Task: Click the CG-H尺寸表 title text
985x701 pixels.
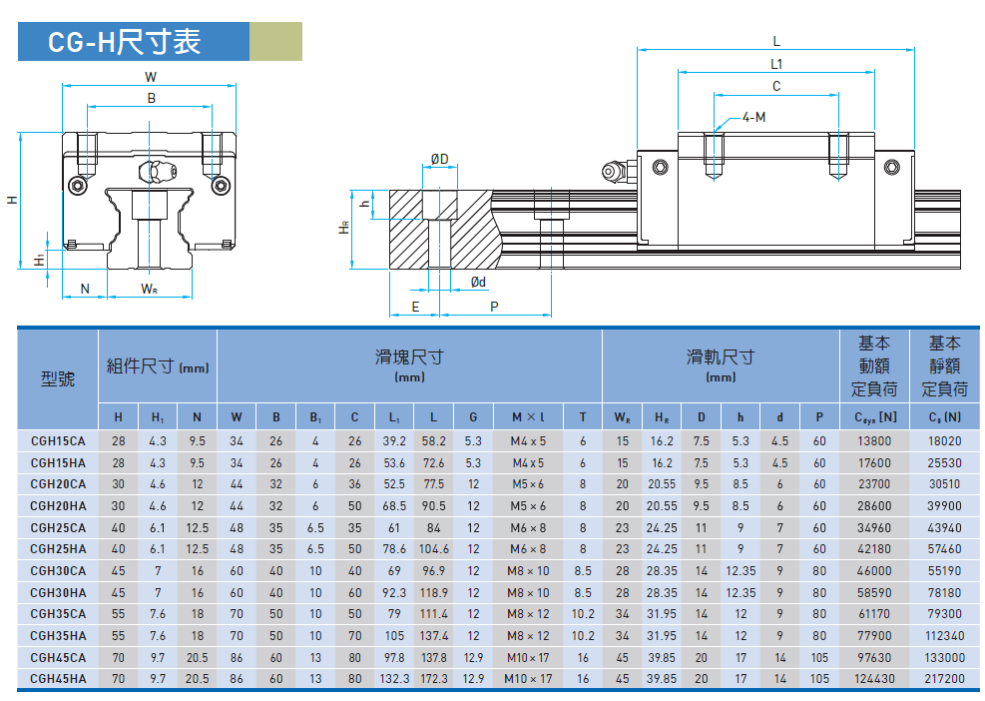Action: [x=125, y=42]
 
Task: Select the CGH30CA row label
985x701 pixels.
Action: [x=58, y=571]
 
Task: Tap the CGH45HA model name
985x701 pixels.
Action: [x=58, y=679]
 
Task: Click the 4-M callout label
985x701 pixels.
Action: [x=753, y=117]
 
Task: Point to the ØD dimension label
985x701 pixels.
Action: [x=440, y=159]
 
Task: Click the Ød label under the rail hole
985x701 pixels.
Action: [x=478, y=282]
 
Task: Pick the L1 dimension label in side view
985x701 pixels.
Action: [x=776, y=64]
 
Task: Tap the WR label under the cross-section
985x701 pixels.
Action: [x=149, y=289]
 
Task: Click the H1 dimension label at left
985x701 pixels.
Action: [x=39, y=259]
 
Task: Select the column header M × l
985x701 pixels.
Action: [x=528, y=416]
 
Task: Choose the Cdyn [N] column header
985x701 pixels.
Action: [x=874, y=416]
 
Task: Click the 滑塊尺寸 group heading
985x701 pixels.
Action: [x=409, y=357]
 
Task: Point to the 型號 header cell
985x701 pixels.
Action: [x=58, y=378]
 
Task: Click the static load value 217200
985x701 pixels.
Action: [x=944, y=679]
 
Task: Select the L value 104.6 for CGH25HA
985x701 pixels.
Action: [x=433, y=549]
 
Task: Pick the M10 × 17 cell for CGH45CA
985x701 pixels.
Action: [x=528, y=658]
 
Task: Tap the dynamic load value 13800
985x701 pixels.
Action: [x=874, y=441]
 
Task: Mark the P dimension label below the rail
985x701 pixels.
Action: [x=494, y=307]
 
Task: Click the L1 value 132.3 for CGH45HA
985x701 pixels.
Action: [x=394, y=679]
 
